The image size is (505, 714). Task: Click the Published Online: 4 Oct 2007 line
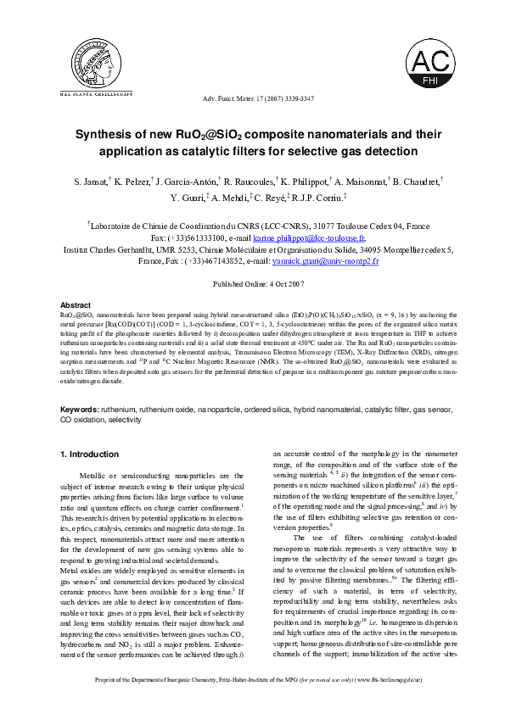coord(252,285)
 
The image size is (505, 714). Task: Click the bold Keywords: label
coord(79,409)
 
